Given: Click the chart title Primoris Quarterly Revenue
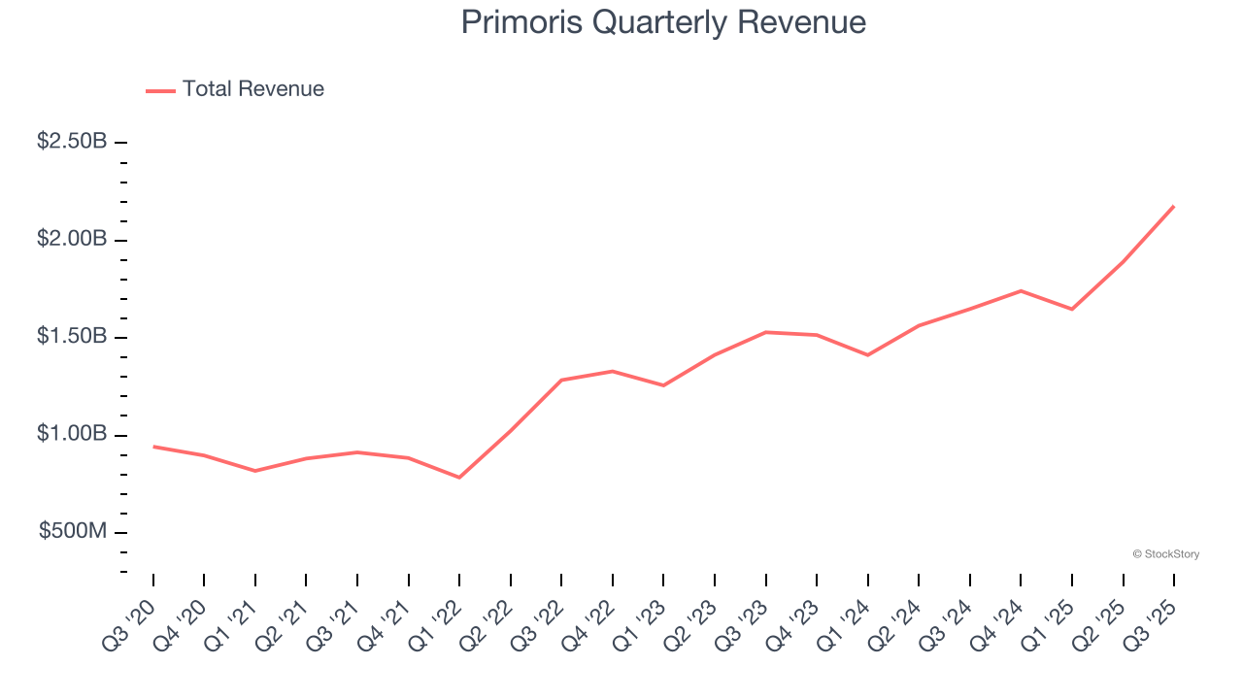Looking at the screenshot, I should tap(663, 22).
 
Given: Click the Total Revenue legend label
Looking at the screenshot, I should tap(252, 89).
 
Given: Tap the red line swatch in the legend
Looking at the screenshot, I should tap(160, 90).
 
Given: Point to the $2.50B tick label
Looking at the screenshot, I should tap(72, 142).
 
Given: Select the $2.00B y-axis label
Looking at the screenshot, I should tap(72, 239).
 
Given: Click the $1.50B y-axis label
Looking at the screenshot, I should tap(72, 337).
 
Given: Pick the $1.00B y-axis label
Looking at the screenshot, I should tap(72, 434).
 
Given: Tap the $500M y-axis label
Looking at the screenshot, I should tap(73, 532).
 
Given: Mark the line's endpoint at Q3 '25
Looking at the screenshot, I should tap(1174, 206).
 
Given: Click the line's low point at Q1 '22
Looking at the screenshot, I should tap(459, 478).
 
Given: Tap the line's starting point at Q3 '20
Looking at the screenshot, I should tap(153, 447).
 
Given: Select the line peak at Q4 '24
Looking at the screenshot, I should tap(1021, 290).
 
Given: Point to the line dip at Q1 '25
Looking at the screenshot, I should tap(1072, 309).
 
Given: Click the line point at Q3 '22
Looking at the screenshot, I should tap(561, 380).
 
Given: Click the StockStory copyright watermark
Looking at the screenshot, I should tap(1165, 554).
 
